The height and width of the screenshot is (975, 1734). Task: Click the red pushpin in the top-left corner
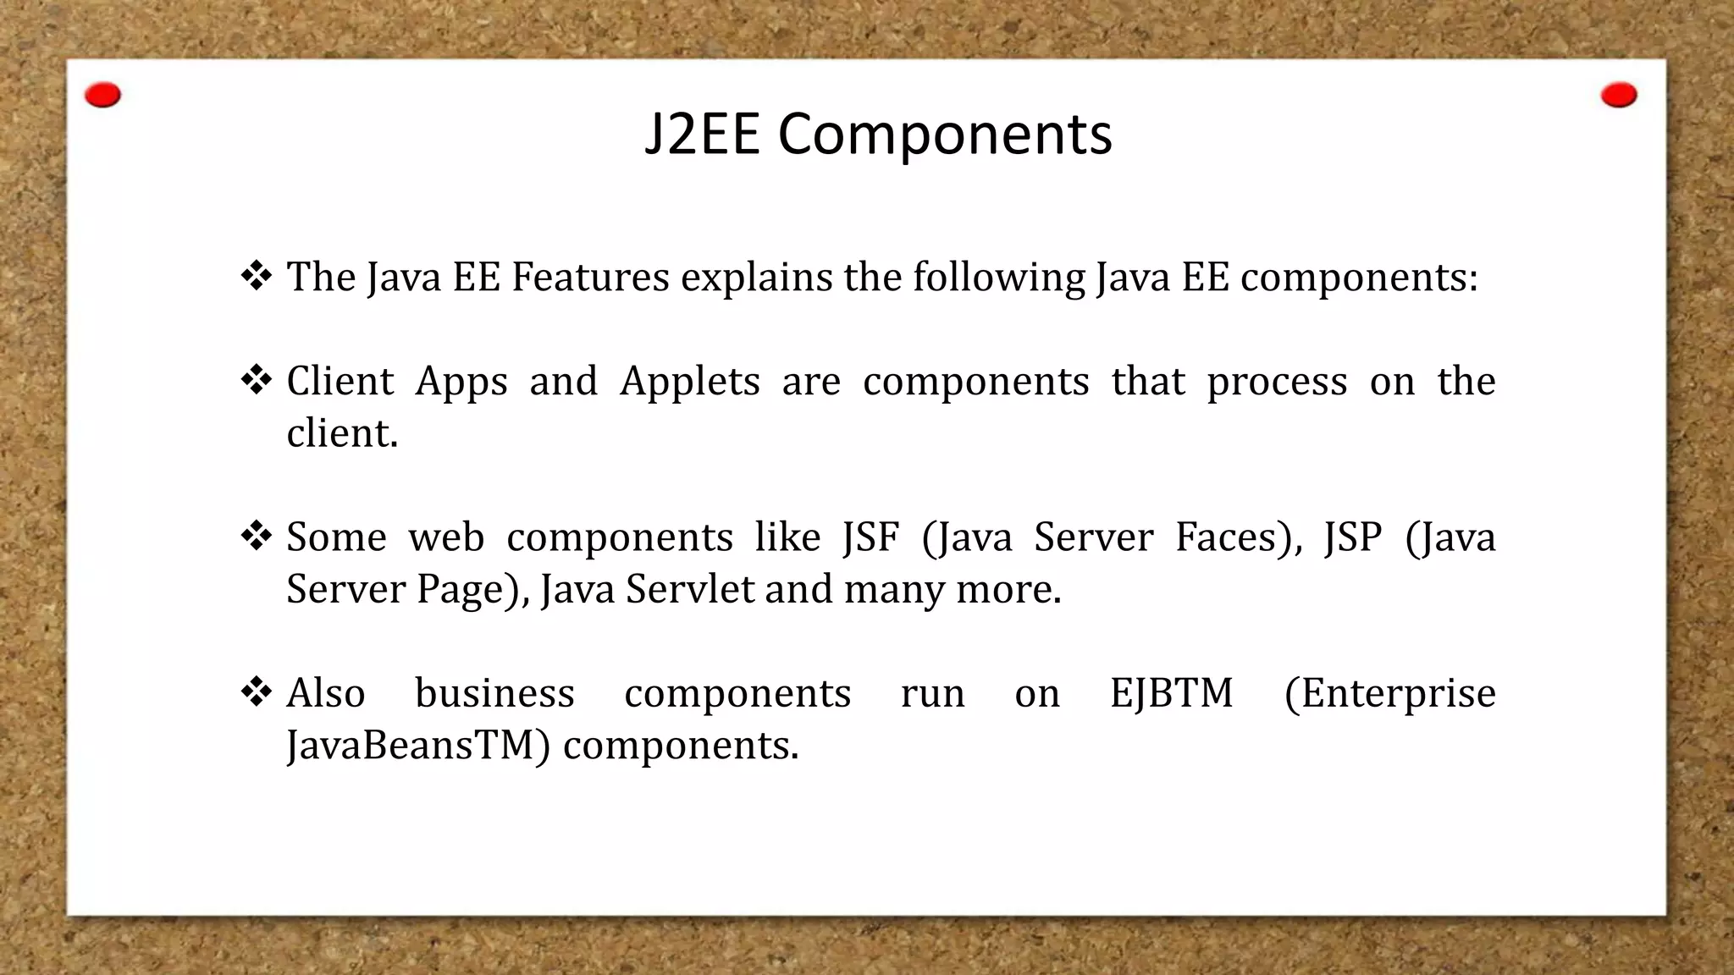(x=103, y=96)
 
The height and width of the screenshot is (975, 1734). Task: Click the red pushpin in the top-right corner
(x=1619, y=96)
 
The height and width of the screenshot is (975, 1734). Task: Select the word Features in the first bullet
(x=590, y=278)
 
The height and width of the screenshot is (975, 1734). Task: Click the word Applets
(x=690, y=382)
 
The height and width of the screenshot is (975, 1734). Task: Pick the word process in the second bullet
(x=1277, y=382)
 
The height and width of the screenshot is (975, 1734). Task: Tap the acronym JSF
(x=870, y=538)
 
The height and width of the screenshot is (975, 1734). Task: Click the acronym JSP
(x=1353, y=538)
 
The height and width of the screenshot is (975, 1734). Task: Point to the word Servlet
(x=689, y=590)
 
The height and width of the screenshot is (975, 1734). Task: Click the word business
(x=494, y=694)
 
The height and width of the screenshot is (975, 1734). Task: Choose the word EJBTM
(x=1172, y=694)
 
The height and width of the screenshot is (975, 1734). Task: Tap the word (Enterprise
(x=1389, y=694)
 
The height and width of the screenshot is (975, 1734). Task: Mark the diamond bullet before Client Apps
(x=256, y=380)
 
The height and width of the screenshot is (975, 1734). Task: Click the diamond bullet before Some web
(x=256, y=536)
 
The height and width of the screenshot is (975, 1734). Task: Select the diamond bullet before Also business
(x=256, y=692)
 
